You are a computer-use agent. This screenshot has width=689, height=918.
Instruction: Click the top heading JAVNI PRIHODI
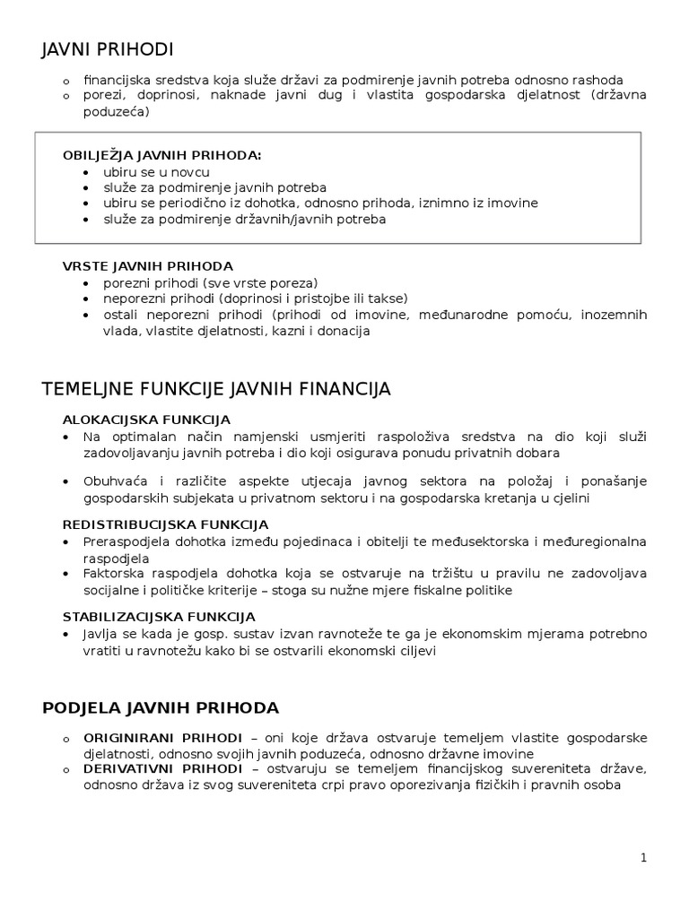[x=108, y=49]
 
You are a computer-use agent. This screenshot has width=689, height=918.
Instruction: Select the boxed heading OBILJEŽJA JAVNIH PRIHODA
[x=161, y=155]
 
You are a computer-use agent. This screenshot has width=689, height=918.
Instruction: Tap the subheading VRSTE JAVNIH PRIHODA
[x=147, y=265]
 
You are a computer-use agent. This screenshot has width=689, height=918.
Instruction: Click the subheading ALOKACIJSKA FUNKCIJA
[x=146, y=419]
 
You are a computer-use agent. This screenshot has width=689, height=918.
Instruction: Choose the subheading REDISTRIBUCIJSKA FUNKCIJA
[x=165, y=524]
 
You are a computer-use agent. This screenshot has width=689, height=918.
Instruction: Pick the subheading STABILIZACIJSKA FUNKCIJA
[x=159, y=616]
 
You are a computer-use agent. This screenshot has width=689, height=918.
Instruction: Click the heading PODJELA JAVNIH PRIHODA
[x=161, y=707]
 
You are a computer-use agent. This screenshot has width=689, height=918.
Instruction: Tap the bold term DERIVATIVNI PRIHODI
[x=162, y=769]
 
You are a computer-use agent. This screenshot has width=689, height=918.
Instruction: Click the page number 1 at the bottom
[x=643, y=857]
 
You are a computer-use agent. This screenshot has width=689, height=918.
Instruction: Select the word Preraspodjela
[x=126, y=542]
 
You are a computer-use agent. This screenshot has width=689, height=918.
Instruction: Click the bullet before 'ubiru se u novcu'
[x=85, y=172]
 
